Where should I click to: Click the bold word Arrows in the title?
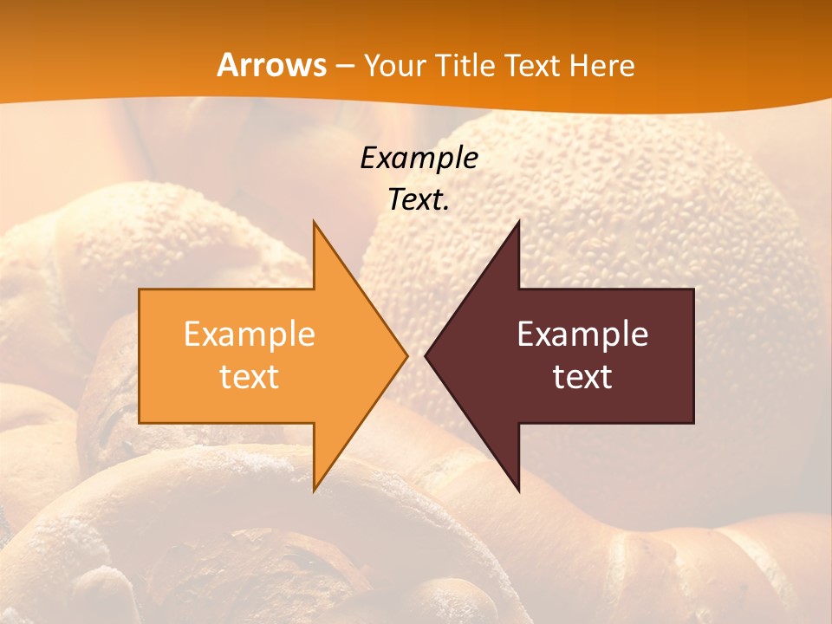pos(271,65)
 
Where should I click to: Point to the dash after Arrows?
pos(344,66)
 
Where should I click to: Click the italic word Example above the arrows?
pos(419,158)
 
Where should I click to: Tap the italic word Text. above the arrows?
pos(417,199)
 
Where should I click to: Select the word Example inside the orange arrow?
pos(250,335)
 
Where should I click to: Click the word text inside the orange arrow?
pos(250,377)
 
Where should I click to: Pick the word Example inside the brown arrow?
pos(582,335)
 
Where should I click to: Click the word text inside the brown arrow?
pos(582,377)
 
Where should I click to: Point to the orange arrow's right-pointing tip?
pos(406,355)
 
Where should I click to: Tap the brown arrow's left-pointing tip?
pos(426,355)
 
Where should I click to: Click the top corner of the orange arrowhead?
pos(315,223)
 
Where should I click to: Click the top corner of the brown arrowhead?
pos(518,223)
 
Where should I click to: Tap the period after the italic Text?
pos(446,209)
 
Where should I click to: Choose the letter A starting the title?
pos(227,65)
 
